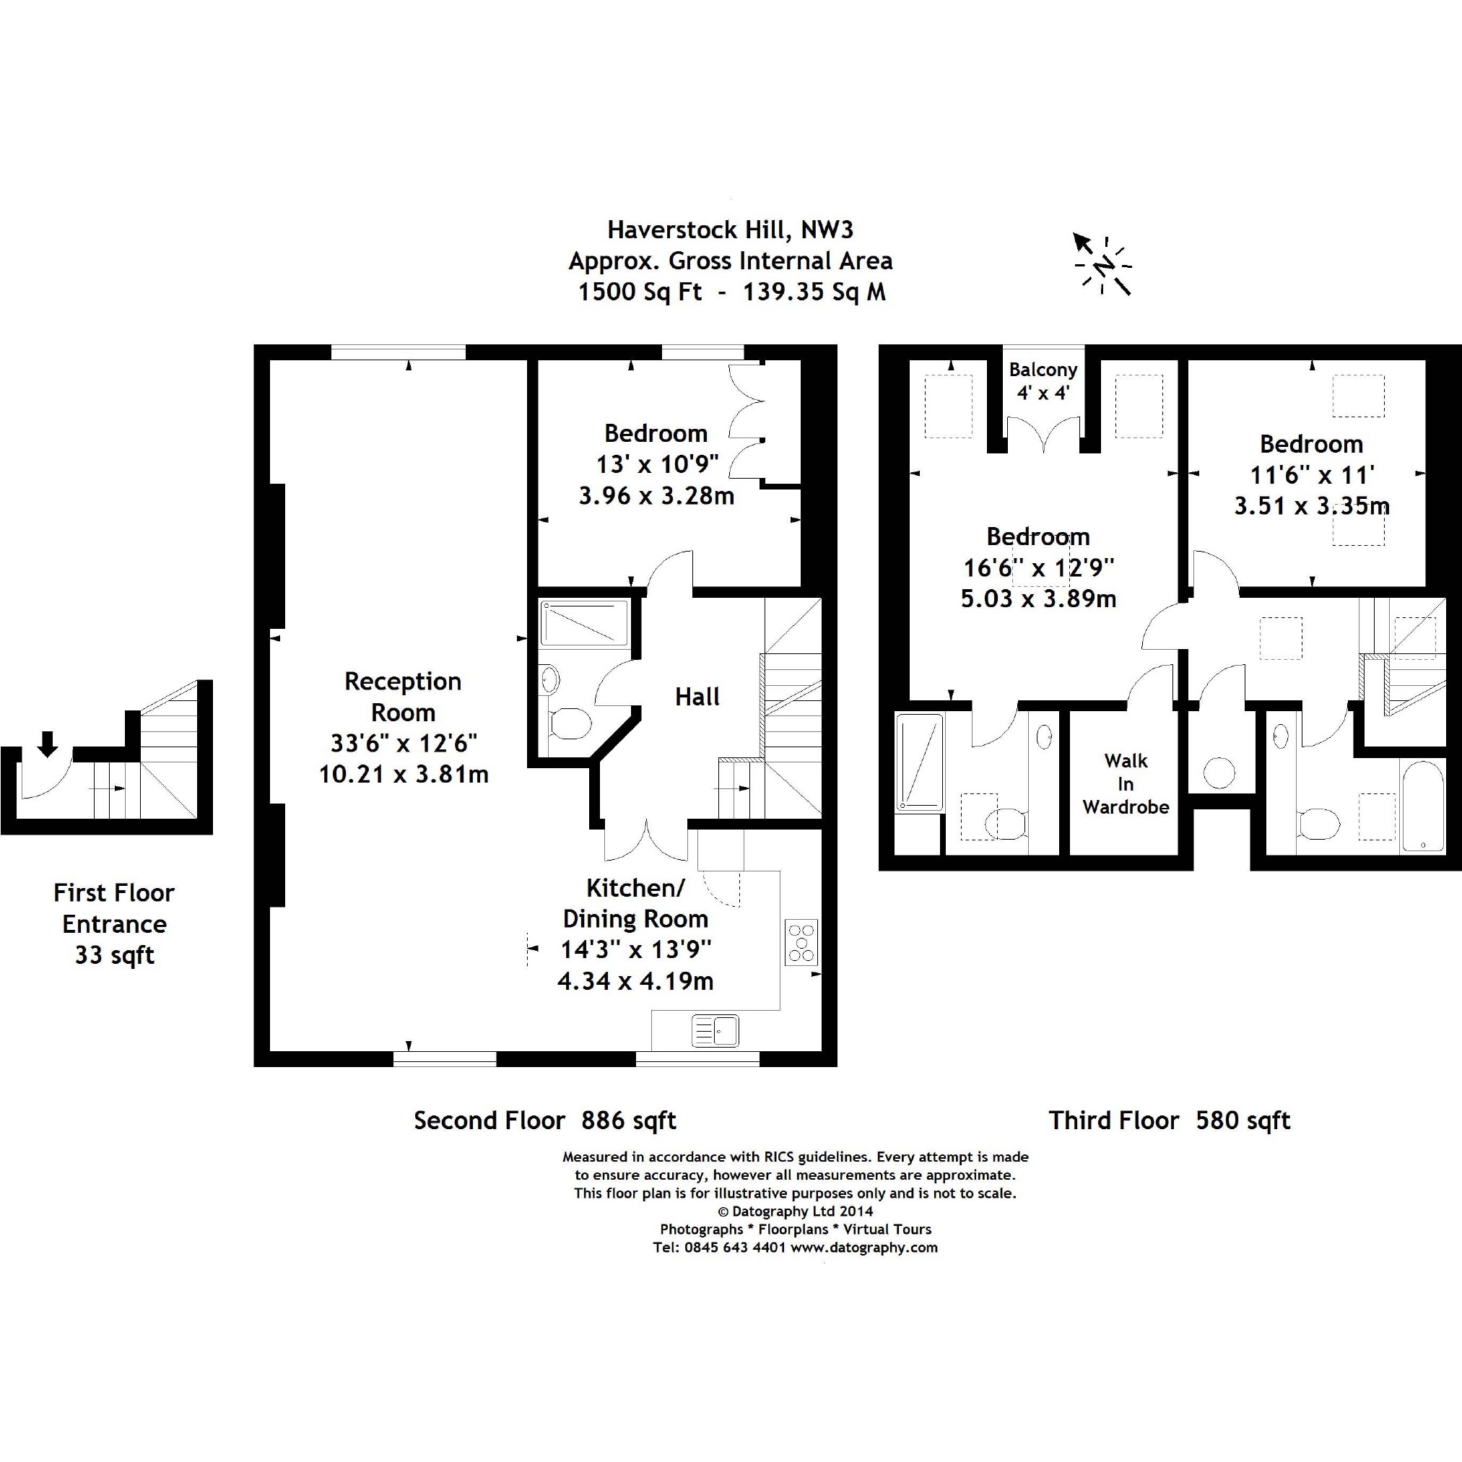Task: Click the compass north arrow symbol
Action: point(1102,265)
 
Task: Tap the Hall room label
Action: point(697,696)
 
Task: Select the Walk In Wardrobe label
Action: point(1126,783)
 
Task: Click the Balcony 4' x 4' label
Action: point(1043,380)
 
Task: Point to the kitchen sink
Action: point(715,1031)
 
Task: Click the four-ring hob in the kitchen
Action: point(801,942)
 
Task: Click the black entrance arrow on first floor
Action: point(48,744)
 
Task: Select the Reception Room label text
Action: point(403,696)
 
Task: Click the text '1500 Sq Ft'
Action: point(640,292)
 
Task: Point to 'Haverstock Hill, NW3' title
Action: point(730,230)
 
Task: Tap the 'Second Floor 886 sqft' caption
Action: point(545,1120)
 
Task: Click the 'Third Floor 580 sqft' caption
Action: point(1169,1120)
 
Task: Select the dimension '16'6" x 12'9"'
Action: point(1038,567)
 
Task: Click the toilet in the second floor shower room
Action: point(570,723)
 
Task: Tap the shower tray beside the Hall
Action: point(584,624)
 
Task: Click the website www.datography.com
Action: point(864,1247)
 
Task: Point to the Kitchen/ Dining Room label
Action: point(635,902)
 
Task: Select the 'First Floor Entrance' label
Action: point(114,908)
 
